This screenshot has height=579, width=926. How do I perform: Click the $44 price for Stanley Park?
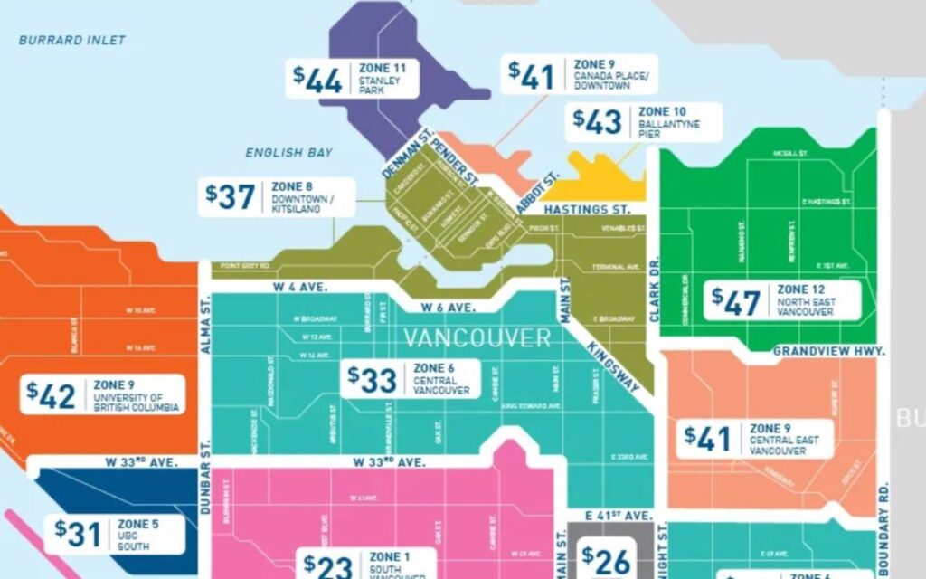[317, 80]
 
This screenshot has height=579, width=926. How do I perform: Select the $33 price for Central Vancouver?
[373, 380]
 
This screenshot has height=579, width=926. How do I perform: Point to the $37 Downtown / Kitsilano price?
[231, 197]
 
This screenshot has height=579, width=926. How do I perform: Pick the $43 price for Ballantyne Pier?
[597, 122]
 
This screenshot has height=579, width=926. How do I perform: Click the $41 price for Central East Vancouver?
[707, 439]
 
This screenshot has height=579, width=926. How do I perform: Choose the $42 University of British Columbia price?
[52, 395]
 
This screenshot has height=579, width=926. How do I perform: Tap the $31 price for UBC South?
[78, 534]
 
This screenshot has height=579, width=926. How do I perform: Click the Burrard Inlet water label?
[72, 40]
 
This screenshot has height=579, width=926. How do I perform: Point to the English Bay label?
[288, 153]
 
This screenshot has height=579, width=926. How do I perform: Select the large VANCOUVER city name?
[477, 338]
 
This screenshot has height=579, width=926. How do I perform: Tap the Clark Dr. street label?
[655, 289]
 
